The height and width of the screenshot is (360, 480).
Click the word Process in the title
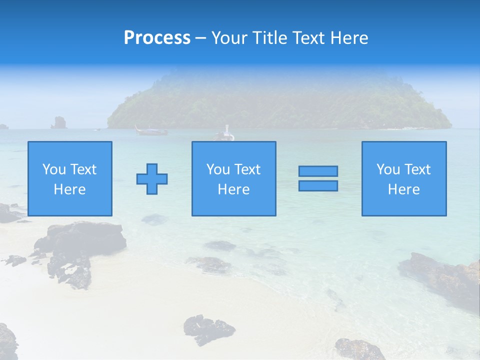(157, 38)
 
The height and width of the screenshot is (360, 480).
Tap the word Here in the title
(348, 38)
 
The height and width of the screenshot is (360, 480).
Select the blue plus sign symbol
(152, 179)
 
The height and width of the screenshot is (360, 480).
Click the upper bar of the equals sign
(318, 171)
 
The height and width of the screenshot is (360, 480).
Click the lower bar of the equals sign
(318, 185)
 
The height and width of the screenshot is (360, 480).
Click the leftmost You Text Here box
(70, 178)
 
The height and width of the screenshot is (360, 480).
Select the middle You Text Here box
(233, 178)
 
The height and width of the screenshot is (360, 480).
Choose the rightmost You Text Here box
(404, 178)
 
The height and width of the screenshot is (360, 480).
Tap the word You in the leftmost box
(53, 169)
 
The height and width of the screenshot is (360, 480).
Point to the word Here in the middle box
(233, 189)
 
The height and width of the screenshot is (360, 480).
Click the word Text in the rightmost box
(417, 169)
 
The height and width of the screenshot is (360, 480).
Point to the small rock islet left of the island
(59, 122)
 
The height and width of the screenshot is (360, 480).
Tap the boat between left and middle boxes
(150, 131)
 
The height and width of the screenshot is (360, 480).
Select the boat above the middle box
(224, 134)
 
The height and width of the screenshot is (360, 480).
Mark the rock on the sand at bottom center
(208, 329)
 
